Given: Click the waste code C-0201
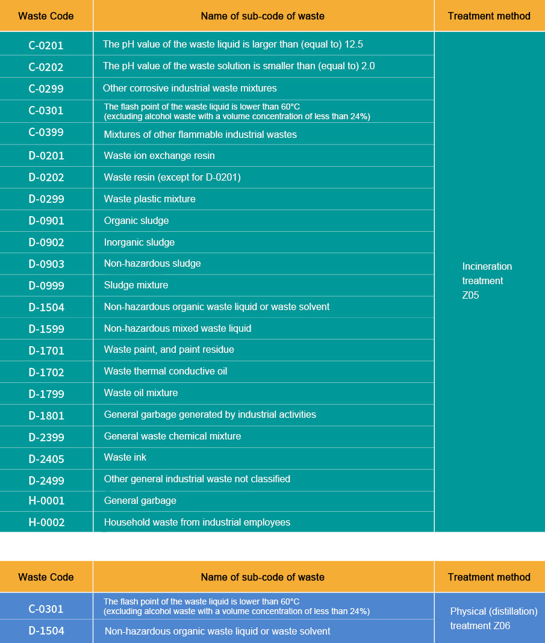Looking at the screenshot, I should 46,45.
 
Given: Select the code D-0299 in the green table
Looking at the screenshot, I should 46,199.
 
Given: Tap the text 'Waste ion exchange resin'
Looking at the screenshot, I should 159,156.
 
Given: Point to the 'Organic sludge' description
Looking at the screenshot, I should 136,221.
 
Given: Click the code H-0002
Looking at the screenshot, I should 46,523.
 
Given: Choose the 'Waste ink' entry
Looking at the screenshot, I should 125,458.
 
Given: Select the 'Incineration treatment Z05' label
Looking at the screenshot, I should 487,281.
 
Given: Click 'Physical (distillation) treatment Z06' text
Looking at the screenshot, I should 493,618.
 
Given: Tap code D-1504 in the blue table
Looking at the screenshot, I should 46,631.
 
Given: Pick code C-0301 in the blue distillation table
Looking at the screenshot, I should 46,609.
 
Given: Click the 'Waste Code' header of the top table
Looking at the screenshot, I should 46,16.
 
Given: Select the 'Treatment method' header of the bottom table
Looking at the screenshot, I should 489,577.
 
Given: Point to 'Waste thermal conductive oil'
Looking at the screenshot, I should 165,371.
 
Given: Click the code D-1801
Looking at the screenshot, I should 46,416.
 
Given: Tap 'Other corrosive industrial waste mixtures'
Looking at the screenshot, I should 190,89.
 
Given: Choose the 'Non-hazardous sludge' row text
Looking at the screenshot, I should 152,264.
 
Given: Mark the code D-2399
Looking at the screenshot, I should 46,438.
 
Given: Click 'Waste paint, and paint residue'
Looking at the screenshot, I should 169,350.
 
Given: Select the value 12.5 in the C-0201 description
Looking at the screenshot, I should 353,45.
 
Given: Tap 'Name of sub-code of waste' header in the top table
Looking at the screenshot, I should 263,16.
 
